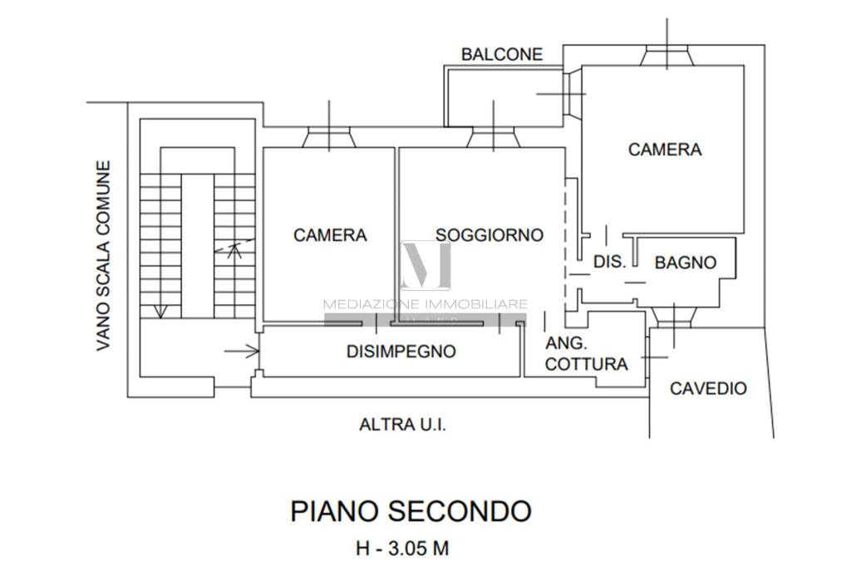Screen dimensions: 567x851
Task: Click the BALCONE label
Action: [502, 55]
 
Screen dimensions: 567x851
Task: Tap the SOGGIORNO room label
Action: [489, 234]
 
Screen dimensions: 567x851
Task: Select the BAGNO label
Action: [686, 263]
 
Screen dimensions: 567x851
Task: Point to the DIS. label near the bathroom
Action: [608, 262]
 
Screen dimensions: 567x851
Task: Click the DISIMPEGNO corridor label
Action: [401, 351]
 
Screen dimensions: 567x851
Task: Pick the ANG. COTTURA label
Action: [586, 354]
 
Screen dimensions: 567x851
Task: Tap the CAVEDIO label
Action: [708, 387]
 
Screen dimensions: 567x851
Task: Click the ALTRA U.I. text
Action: [402, 425]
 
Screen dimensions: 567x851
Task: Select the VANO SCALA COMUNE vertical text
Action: [103, 255]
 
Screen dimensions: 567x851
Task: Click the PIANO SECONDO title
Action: [410, 510]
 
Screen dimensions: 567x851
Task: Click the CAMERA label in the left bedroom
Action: [330, 235]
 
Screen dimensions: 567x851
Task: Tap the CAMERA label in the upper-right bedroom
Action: [664, 150]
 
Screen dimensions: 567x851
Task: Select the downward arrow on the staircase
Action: [160, 310]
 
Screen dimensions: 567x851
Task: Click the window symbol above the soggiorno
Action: [493, 136]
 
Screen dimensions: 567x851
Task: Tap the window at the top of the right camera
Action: [670, 55]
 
